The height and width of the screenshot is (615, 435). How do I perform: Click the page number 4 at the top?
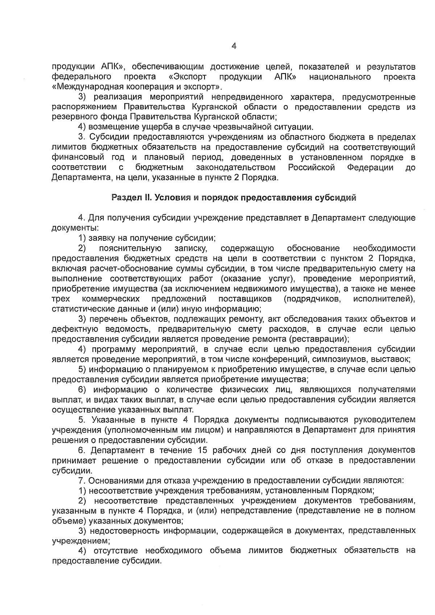coord(234,46)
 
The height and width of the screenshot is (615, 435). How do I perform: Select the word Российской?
coord(311,167)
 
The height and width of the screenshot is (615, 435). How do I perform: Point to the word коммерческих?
coord(111,299)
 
